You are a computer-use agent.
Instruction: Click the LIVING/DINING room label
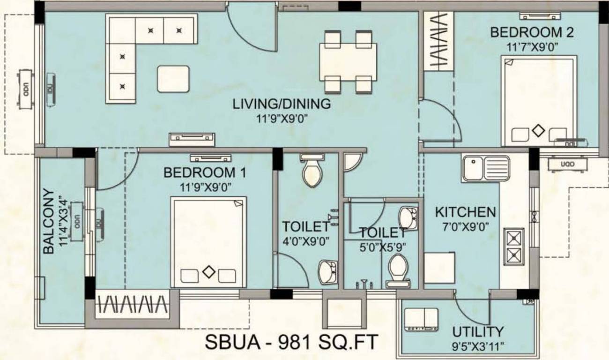[282, 104]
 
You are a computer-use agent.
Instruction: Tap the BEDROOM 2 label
[532, 32]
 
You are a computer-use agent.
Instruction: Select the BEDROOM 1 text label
[205, 172]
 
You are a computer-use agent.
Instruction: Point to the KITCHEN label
[465, 212]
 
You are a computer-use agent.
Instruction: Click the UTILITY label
[478, 332]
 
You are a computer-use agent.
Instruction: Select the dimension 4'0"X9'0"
[306, 241]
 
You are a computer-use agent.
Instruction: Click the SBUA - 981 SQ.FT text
[291, 342]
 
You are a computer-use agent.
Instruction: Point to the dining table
[348, 62]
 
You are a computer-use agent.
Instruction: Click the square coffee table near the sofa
[173, 78]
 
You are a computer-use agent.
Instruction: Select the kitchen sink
[486, 168]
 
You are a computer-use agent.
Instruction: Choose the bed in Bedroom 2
[539, 101]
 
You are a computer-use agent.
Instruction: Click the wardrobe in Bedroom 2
[438, 42]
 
